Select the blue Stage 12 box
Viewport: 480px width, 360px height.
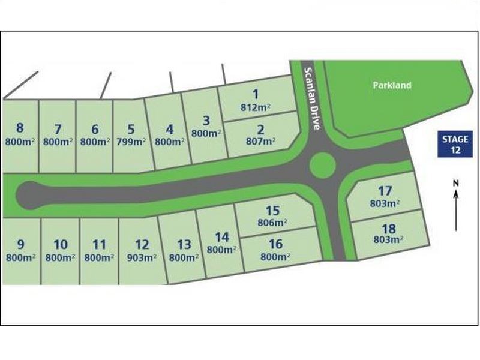pyautogui.click(x=455, y=145)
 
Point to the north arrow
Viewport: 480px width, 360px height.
pyautogui.click(x=456, y=204)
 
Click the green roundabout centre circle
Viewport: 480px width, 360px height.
pyautogui.click(x=322, y=164)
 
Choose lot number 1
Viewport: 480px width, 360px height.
pyautogui.click(x=256, y=94)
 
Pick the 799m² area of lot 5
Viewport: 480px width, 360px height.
pyautogui.click(x=131, y=142)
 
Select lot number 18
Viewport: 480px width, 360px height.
pyautogui.click(x=388, y=229)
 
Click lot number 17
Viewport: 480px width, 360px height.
pyautogui.click(x=385, y=191)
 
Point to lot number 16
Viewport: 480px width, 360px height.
pyautogui.click(x=275, y=244)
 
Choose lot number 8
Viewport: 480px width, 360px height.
pyautogui.click(x=20, y=128)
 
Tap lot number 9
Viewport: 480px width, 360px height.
pyautogui.click(x=20, y=244)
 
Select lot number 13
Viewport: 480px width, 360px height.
pyautogui.click(x=184, y=245)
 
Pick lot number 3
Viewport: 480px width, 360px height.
pyautogui.click(x=206, y=121)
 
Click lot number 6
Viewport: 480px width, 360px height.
pyautogui.click(x=94, y=129)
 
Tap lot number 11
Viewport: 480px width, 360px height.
pyautogui.click(x=100, y=245)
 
